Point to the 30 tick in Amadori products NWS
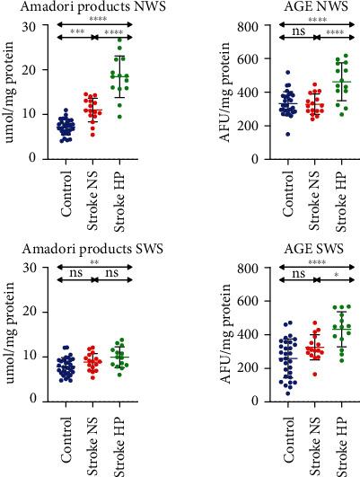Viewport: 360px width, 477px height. pyautogui.click(x=40, y=26)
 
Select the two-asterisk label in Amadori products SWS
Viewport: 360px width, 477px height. pyautogui.click(x=93, y=265)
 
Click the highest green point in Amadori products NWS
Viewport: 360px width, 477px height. pyautogui.click(x=119, y=41)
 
